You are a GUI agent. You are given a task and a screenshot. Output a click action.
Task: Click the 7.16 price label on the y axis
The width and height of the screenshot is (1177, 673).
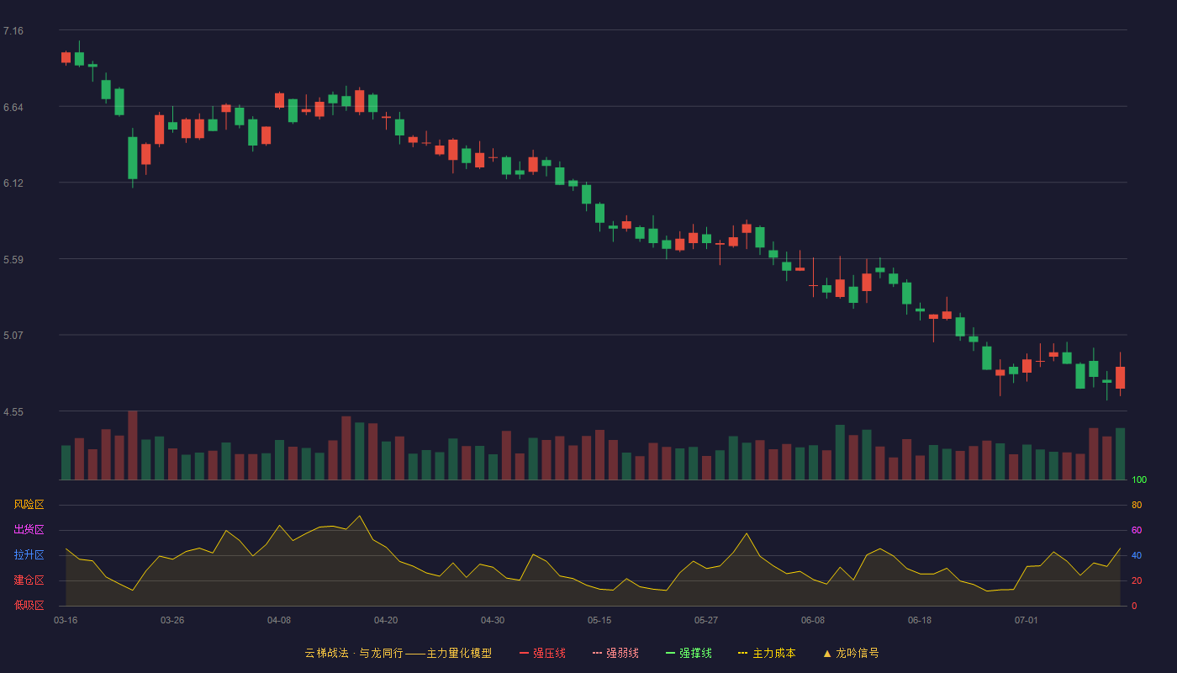click(13, 31)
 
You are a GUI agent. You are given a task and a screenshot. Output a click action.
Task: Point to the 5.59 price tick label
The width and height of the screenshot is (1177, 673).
click(13, 260)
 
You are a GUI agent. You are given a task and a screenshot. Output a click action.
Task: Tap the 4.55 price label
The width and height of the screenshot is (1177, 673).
click(13, 412)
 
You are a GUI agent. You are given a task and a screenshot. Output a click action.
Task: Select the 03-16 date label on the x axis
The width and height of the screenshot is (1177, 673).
click(66, 621)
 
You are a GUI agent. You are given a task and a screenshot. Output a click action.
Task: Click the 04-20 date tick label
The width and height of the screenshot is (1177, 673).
click(386, 621)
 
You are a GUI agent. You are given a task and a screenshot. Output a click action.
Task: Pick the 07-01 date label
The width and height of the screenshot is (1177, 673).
click(1027, 621)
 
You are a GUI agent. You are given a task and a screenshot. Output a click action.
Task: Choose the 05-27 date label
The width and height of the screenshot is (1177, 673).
click(705, 621)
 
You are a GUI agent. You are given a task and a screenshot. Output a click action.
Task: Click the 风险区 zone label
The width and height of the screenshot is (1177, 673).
click(29, 505)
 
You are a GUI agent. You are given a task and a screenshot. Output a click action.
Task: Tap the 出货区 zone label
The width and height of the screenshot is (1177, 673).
click(29, 529)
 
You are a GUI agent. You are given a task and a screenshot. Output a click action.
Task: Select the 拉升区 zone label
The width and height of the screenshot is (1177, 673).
click(29, 554)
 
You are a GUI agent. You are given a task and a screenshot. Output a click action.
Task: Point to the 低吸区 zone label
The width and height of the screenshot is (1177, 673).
click(29, 605)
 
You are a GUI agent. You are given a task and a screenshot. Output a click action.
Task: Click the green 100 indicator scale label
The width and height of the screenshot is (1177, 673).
click(1139, 480)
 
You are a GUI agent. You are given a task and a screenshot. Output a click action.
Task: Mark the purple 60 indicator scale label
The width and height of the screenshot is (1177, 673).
click(1137, 530)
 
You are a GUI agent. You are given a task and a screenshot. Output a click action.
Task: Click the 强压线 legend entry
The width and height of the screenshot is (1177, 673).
click(542, 653)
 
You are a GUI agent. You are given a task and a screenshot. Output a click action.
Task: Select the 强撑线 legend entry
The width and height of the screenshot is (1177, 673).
click(689, 653)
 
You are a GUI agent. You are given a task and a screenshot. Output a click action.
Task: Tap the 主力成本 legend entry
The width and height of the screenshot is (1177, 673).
click(767, 653)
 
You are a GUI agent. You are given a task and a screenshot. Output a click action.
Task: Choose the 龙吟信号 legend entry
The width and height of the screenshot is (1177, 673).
click(851, 653)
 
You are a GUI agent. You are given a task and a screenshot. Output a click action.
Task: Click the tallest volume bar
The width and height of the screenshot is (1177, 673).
click(133, 445)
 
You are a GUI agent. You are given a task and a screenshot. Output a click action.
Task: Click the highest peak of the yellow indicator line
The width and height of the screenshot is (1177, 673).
click(360, 516)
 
